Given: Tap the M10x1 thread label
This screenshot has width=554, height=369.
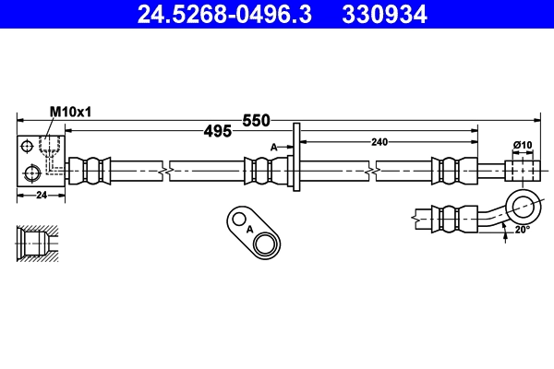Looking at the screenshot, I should pyautogui.click(x=70, y=111).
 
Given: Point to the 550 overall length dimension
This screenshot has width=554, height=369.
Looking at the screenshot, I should pyautogui.click(x=256, y=121).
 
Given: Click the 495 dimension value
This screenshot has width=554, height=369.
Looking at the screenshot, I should pyautogui.click(x=217, y=132).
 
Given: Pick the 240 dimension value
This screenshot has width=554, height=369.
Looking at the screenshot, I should pyautogui.click(x=379, y=141).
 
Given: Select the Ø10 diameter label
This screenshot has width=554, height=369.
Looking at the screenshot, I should pyautogui.click(x=523, y=145).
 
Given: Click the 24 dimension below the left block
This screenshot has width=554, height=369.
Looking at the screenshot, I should pyautogui.click(x=41, y=196).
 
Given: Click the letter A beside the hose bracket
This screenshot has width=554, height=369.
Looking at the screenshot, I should pyautogui.click(x=273, y=148).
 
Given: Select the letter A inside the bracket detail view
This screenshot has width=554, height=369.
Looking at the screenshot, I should pyautogui.click(x=249, y=229).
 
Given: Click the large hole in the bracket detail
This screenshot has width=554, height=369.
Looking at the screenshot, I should pyautogui.click(x=267, y=244).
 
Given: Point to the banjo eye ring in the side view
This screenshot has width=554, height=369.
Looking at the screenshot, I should pyautogui.click(x=524, y=205).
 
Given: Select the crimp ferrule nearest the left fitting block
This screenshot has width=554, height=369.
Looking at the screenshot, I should pyautogui.click(x=91, y=171).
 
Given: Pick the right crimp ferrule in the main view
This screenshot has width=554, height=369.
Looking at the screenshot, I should pyautogui.click(x=449, y=171).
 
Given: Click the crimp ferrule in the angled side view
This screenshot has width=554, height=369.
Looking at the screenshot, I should pyautogui.click(x=451, y=218).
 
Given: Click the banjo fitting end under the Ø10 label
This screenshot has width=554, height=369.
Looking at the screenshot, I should pyautogui.click(x=521, y=171).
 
